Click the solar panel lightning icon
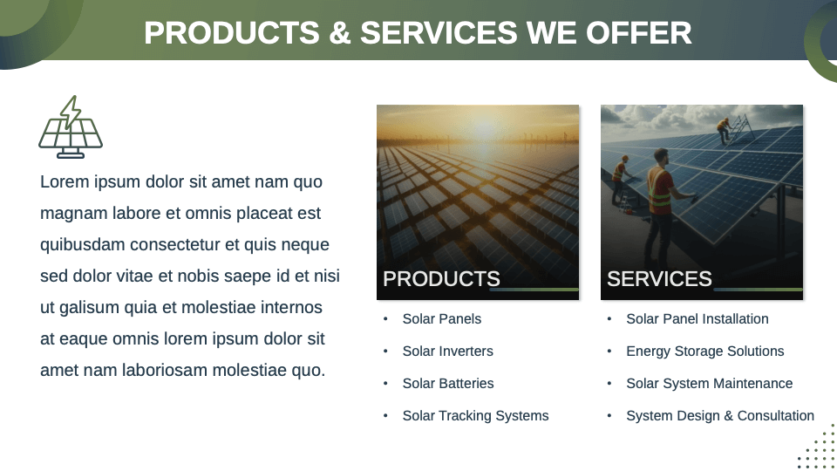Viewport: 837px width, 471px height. tap(71, 127)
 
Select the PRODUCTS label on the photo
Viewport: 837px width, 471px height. tap(441, 279)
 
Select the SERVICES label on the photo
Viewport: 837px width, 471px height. tap(659, 279)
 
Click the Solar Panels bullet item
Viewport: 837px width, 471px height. tap(442, 319)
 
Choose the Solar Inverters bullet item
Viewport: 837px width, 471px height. tap(447, 352)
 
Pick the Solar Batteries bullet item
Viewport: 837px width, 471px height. tap(448, 384)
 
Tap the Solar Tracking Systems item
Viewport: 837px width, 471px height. tap(475, 416)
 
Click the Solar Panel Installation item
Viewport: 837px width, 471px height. tap(697, 319)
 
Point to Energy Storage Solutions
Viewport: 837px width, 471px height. tap(705, 352)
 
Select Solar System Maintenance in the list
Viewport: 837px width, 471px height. tap(710, 384)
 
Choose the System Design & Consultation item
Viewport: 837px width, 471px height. tap(720, 416)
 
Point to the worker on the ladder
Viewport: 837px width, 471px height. tap(724, 130)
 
